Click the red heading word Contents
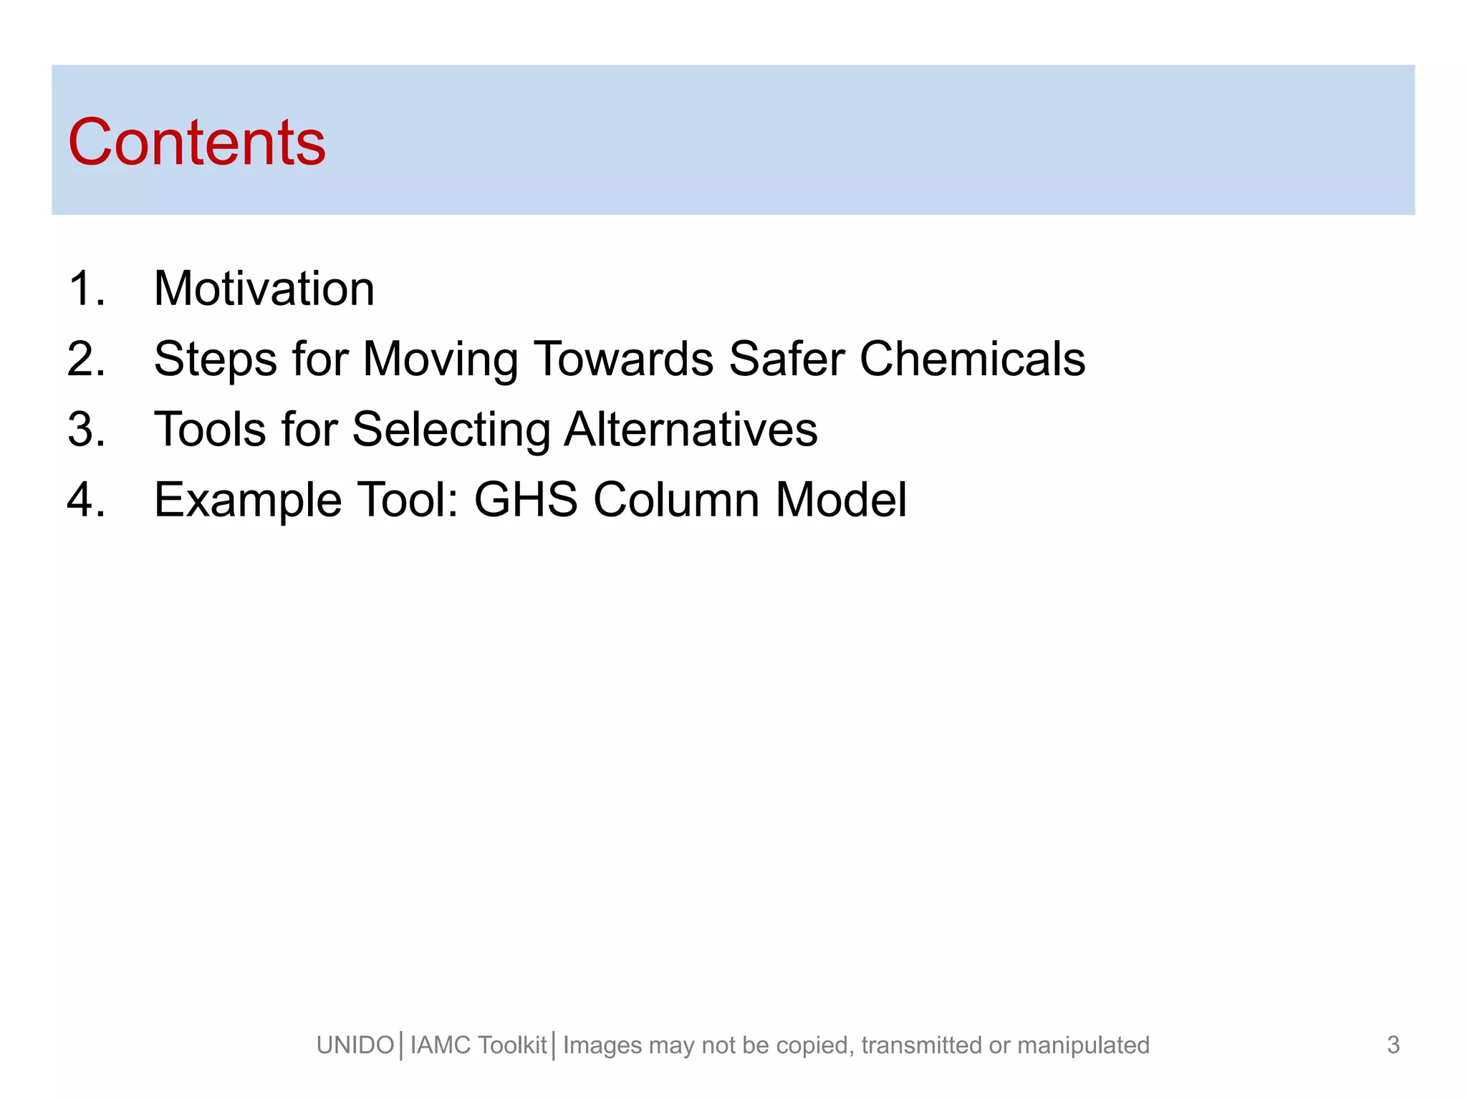[x=196, y=143]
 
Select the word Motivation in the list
[x=264, y=289]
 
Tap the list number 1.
[x=86, y=289]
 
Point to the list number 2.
[x=86, y=359]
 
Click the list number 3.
[x=86, y=430]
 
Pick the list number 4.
[x=86, y=500]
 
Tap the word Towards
[x=624, y=359]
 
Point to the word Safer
[x=787, y=359]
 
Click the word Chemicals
[x=972, y=359]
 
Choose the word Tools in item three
[x=210, y=430]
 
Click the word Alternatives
[x=691, y=430]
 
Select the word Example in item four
[x=248, y=500]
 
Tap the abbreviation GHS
[x=526, y=500]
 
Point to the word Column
[x=676, y=500]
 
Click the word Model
[x=841, y=500]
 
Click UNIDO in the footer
[x=355, y=1046]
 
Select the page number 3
[x=1393, y=1045]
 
